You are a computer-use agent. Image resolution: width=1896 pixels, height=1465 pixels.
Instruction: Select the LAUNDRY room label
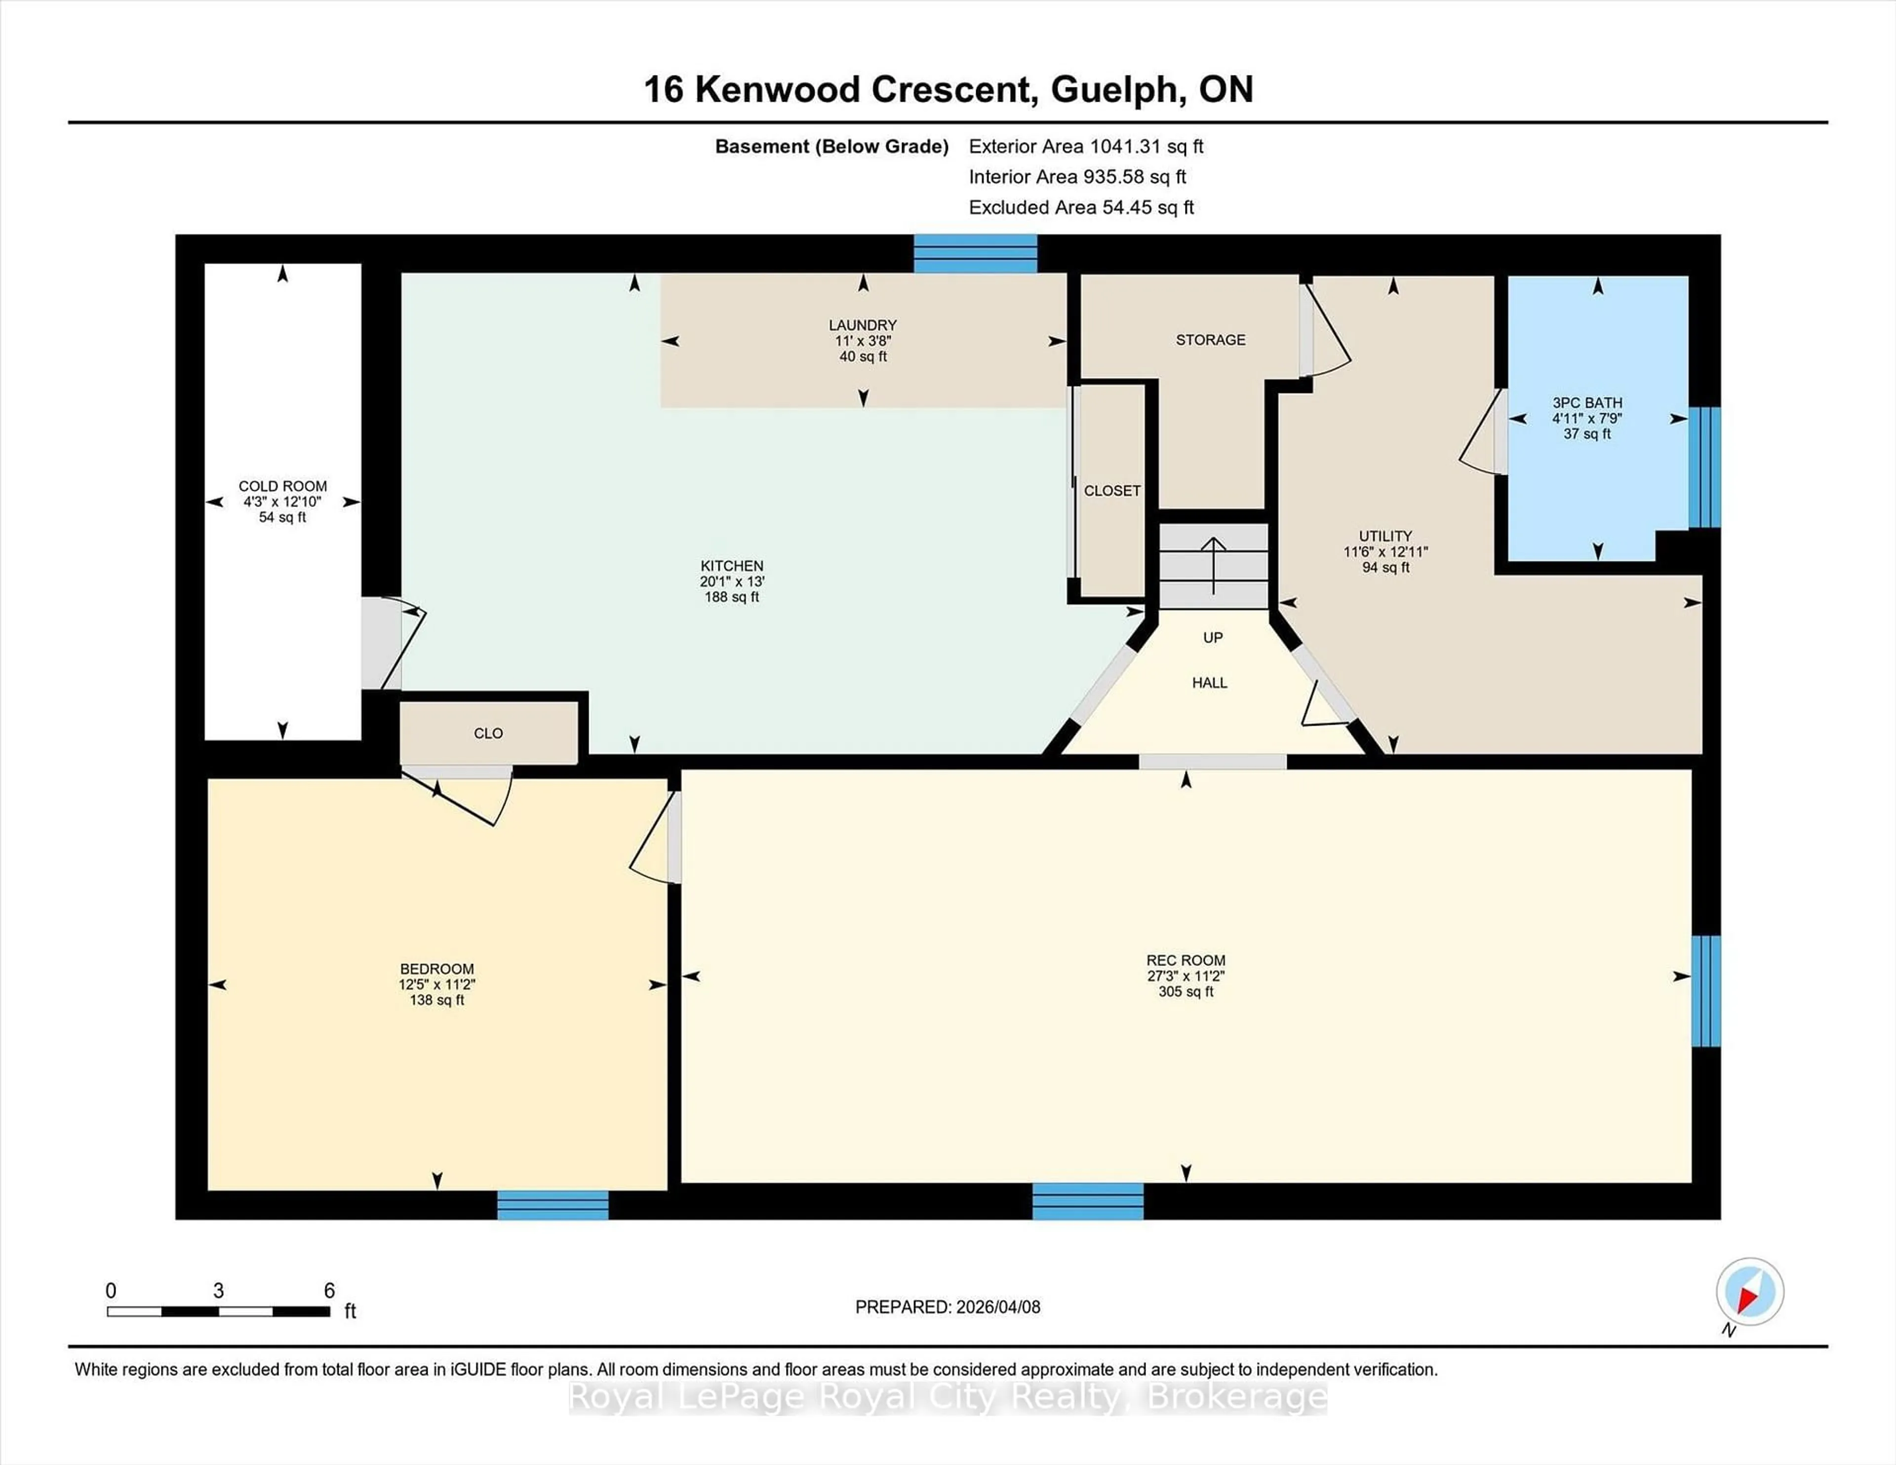click(x=862, y=325)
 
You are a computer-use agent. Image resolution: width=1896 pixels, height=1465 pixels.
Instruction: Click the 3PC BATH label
click(x=1587, y=403)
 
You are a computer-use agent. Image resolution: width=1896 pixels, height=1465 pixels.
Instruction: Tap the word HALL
click(x=1209, y=683)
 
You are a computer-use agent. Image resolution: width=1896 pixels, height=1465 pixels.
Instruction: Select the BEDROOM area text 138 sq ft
click(x=436, y=1000)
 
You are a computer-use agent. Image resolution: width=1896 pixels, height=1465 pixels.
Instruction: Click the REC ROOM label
click(x=1185, y=960)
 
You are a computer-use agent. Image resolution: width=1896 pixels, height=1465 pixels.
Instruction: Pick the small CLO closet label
click(x=488, y=733)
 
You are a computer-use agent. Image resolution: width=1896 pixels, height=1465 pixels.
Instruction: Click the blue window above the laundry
click(x=975, y=253)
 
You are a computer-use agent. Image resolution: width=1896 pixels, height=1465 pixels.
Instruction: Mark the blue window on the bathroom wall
click(x=1704, y=467)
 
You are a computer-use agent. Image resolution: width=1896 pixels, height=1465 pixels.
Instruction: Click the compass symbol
click(x=1749, y=1291)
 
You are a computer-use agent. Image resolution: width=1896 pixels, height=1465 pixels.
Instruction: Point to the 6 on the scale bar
click(x=329, y=1291)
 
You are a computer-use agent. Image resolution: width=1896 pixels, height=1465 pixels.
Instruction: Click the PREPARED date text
click(x=947, y=1307)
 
